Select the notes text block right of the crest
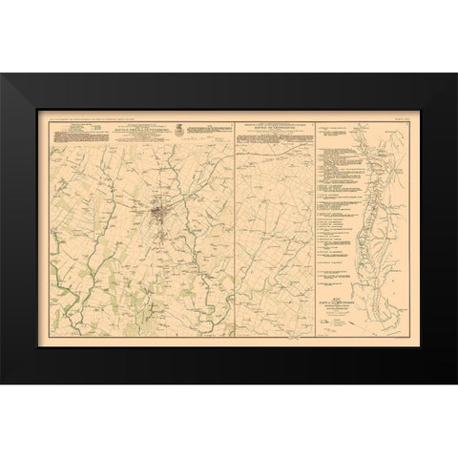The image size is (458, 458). click(209, 131)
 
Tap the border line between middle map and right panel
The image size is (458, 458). click(315, 229)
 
